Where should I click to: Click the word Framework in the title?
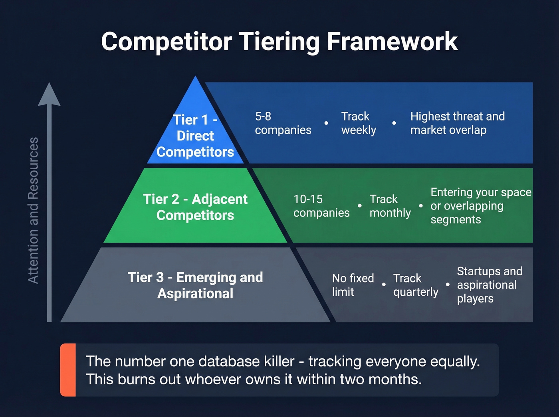pos(392,42)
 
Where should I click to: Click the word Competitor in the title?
pos(167,42)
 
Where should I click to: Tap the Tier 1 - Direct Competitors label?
pos(195,136)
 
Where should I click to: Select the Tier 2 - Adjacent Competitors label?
pos(195,207)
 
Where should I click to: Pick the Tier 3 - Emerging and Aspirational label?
pos(195,285)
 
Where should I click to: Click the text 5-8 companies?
pos(283,123)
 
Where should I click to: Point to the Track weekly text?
pos(358,123)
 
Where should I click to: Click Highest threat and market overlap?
pos(457,123)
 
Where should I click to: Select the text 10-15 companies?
pos(321,206)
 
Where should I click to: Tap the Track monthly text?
pos(390,206)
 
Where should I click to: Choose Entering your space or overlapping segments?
pos(480,206)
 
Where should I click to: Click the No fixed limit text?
pos(353,285)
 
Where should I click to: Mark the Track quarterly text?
pos(415,285)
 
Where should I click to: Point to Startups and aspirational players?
pos(489,285)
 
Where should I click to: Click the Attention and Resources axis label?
pos(34,210)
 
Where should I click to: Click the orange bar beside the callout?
pos(68,370)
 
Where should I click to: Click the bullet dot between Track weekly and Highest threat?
pos(394,123)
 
